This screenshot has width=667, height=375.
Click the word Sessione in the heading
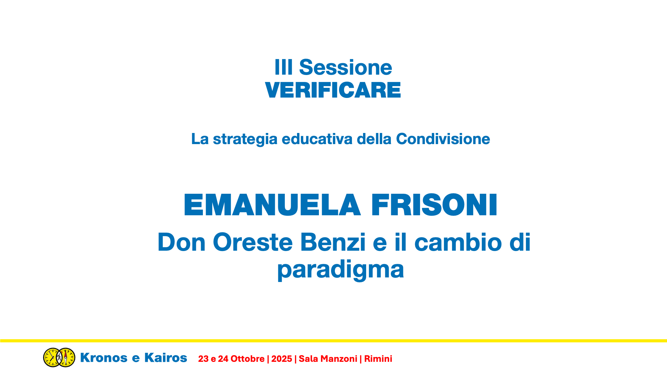(x=345, y=67)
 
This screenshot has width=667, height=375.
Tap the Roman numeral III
(x=283, y=67)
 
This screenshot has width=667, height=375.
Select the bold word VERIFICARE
(x=333, y=90)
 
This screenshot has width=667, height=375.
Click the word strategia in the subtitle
(x=245, y=139)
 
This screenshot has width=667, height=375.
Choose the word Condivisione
(x=443, y=139)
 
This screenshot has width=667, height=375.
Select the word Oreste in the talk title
(x=253, y=242)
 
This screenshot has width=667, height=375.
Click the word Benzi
(x=333, y=242)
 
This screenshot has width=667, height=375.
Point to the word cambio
(x=458, y=242)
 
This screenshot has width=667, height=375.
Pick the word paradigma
(x=340, y=270)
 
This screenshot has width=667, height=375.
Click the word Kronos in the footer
(x=104, y=358)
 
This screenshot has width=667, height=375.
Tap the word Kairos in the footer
(x=166, y=358)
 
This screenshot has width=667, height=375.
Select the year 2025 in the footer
(x=282, y=359)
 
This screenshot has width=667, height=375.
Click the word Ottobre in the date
(x=248, y=359)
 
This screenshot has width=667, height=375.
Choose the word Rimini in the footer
(x=378, y=359)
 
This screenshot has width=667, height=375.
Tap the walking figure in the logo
(x=59, y=357)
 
